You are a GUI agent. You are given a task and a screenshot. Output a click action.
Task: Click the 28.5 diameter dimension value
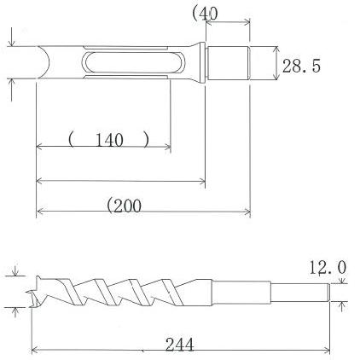coord(302,66)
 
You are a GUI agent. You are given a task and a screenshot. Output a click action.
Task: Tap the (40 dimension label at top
coord(206,13)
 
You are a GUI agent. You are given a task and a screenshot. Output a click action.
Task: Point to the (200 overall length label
coord(124,205)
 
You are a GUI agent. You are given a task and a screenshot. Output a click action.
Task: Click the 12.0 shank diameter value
coord(328,268)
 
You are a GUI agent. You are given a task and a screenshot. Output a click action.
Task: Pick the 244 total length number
coord(180,344)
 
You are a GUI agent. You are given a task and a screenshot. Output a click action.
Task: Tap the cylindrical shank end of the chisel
coord(229,63)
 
